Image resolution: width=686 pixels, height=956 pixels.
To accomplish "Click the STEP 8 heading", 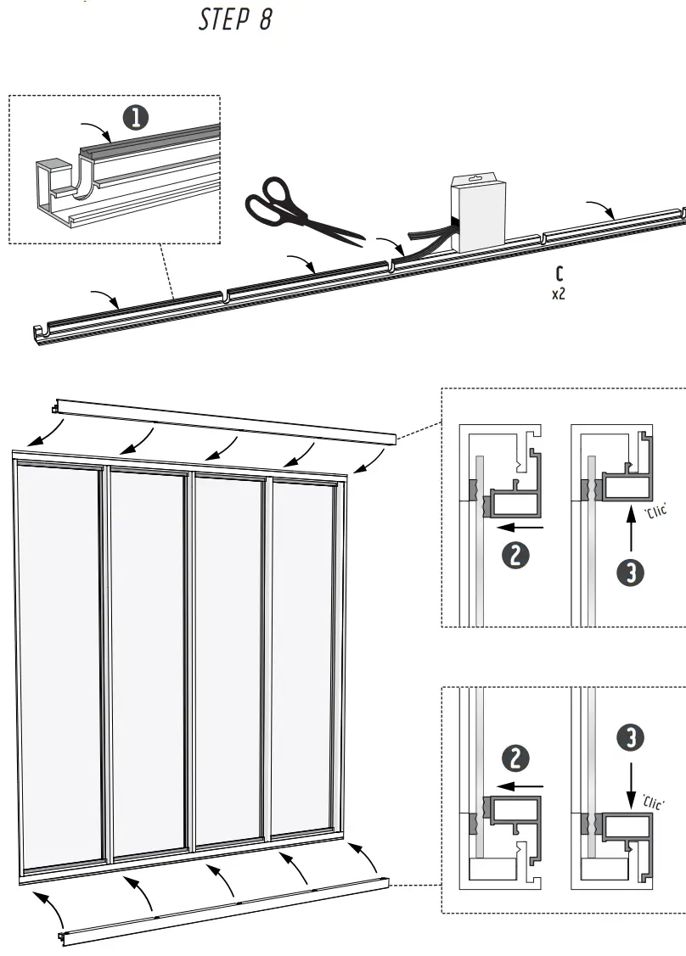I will coord(235,20).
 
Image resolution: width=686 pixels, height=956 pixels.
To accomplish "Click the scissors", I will coord(298,207).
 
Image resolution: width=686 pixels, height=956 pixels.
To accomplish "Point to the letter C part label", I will coord(559,274).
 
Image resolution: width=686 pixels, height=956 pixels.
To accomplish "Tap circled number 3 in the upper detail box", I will coord(629,573).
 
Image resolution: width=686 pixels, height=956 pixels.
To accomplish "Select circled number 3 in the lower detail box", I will coord(629,738).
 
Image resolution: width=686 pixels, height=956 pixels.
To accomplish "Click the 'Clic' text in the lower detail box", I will coord(653,802).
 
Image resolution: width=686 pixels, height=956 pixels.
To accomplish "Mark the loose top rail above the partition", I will coord(225,419).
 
